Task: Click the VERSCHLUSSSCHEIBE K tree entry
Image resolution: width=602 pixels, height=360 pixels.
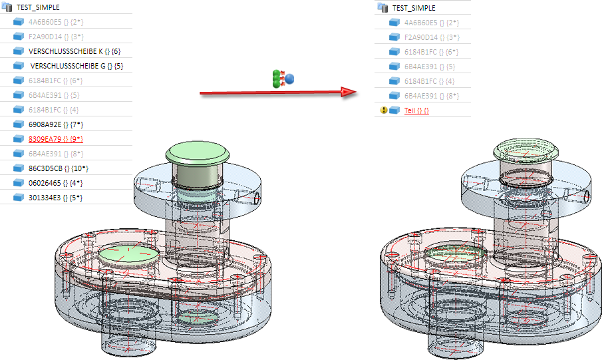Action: click(x=75, y=51)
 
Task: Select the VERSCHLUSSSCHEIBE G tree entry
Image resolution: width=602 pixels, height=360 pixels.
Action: click(x=76, y=66)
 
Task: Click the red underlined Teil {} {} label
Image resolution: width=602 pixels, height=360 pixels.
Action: click(x=416, y=110)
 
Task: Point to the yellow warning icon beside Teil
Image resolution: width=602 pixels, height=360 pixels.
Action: click(x=383, y=110)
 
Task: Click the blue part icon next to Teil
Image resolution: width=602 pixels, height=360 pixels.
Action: click(x=394, y=110)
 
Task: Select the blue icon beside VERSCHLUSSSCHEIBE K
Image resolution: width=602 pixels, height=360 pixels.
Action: click(x=18, y=51)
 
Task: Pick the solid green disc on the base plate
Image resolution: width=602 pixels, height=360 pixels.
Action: click(x=128, y=254)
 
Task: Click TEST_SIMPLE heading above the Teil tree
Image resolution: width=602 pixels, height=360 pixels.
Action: click(x=414, y=8)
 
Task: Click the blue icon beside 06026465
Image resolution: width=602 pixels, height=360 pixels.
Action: click(x=18, y=183)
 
